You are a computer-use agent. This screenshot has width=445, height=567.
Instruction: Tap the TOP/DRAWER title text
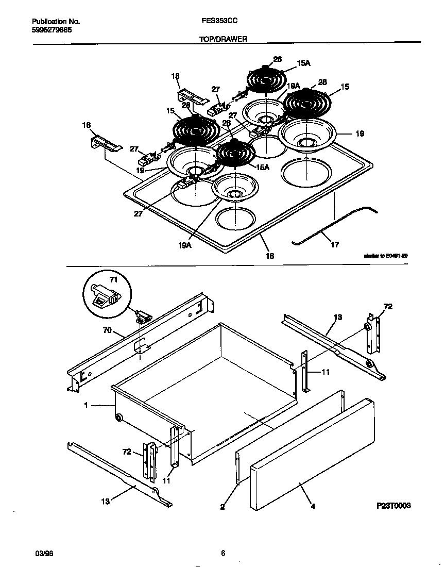pos(218,39)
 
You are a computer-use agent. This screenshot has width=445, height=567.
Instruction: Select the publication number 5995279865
pos(52,30)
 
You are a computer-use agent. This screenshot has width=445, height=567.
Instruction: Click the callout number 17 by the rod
pos(335,245)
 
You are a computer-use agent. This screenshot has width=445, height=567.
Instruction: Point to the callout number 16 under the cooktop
pos(270,255)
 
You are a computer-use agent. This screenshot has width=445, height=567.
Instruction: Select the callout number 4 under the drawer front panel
pos(313,506)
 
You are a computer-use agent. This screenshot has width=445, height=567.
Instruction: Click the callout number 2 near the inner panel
pos(222,507)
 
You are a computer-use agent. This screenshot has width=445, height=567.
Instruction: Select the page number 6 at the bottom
pos(222,554)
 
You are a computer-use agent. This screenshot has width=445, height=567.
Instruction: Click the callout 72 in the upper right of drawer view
pos(388,307)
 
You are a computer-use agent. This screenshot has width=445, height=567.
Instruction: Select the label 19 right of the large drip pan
pos(360,134)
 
